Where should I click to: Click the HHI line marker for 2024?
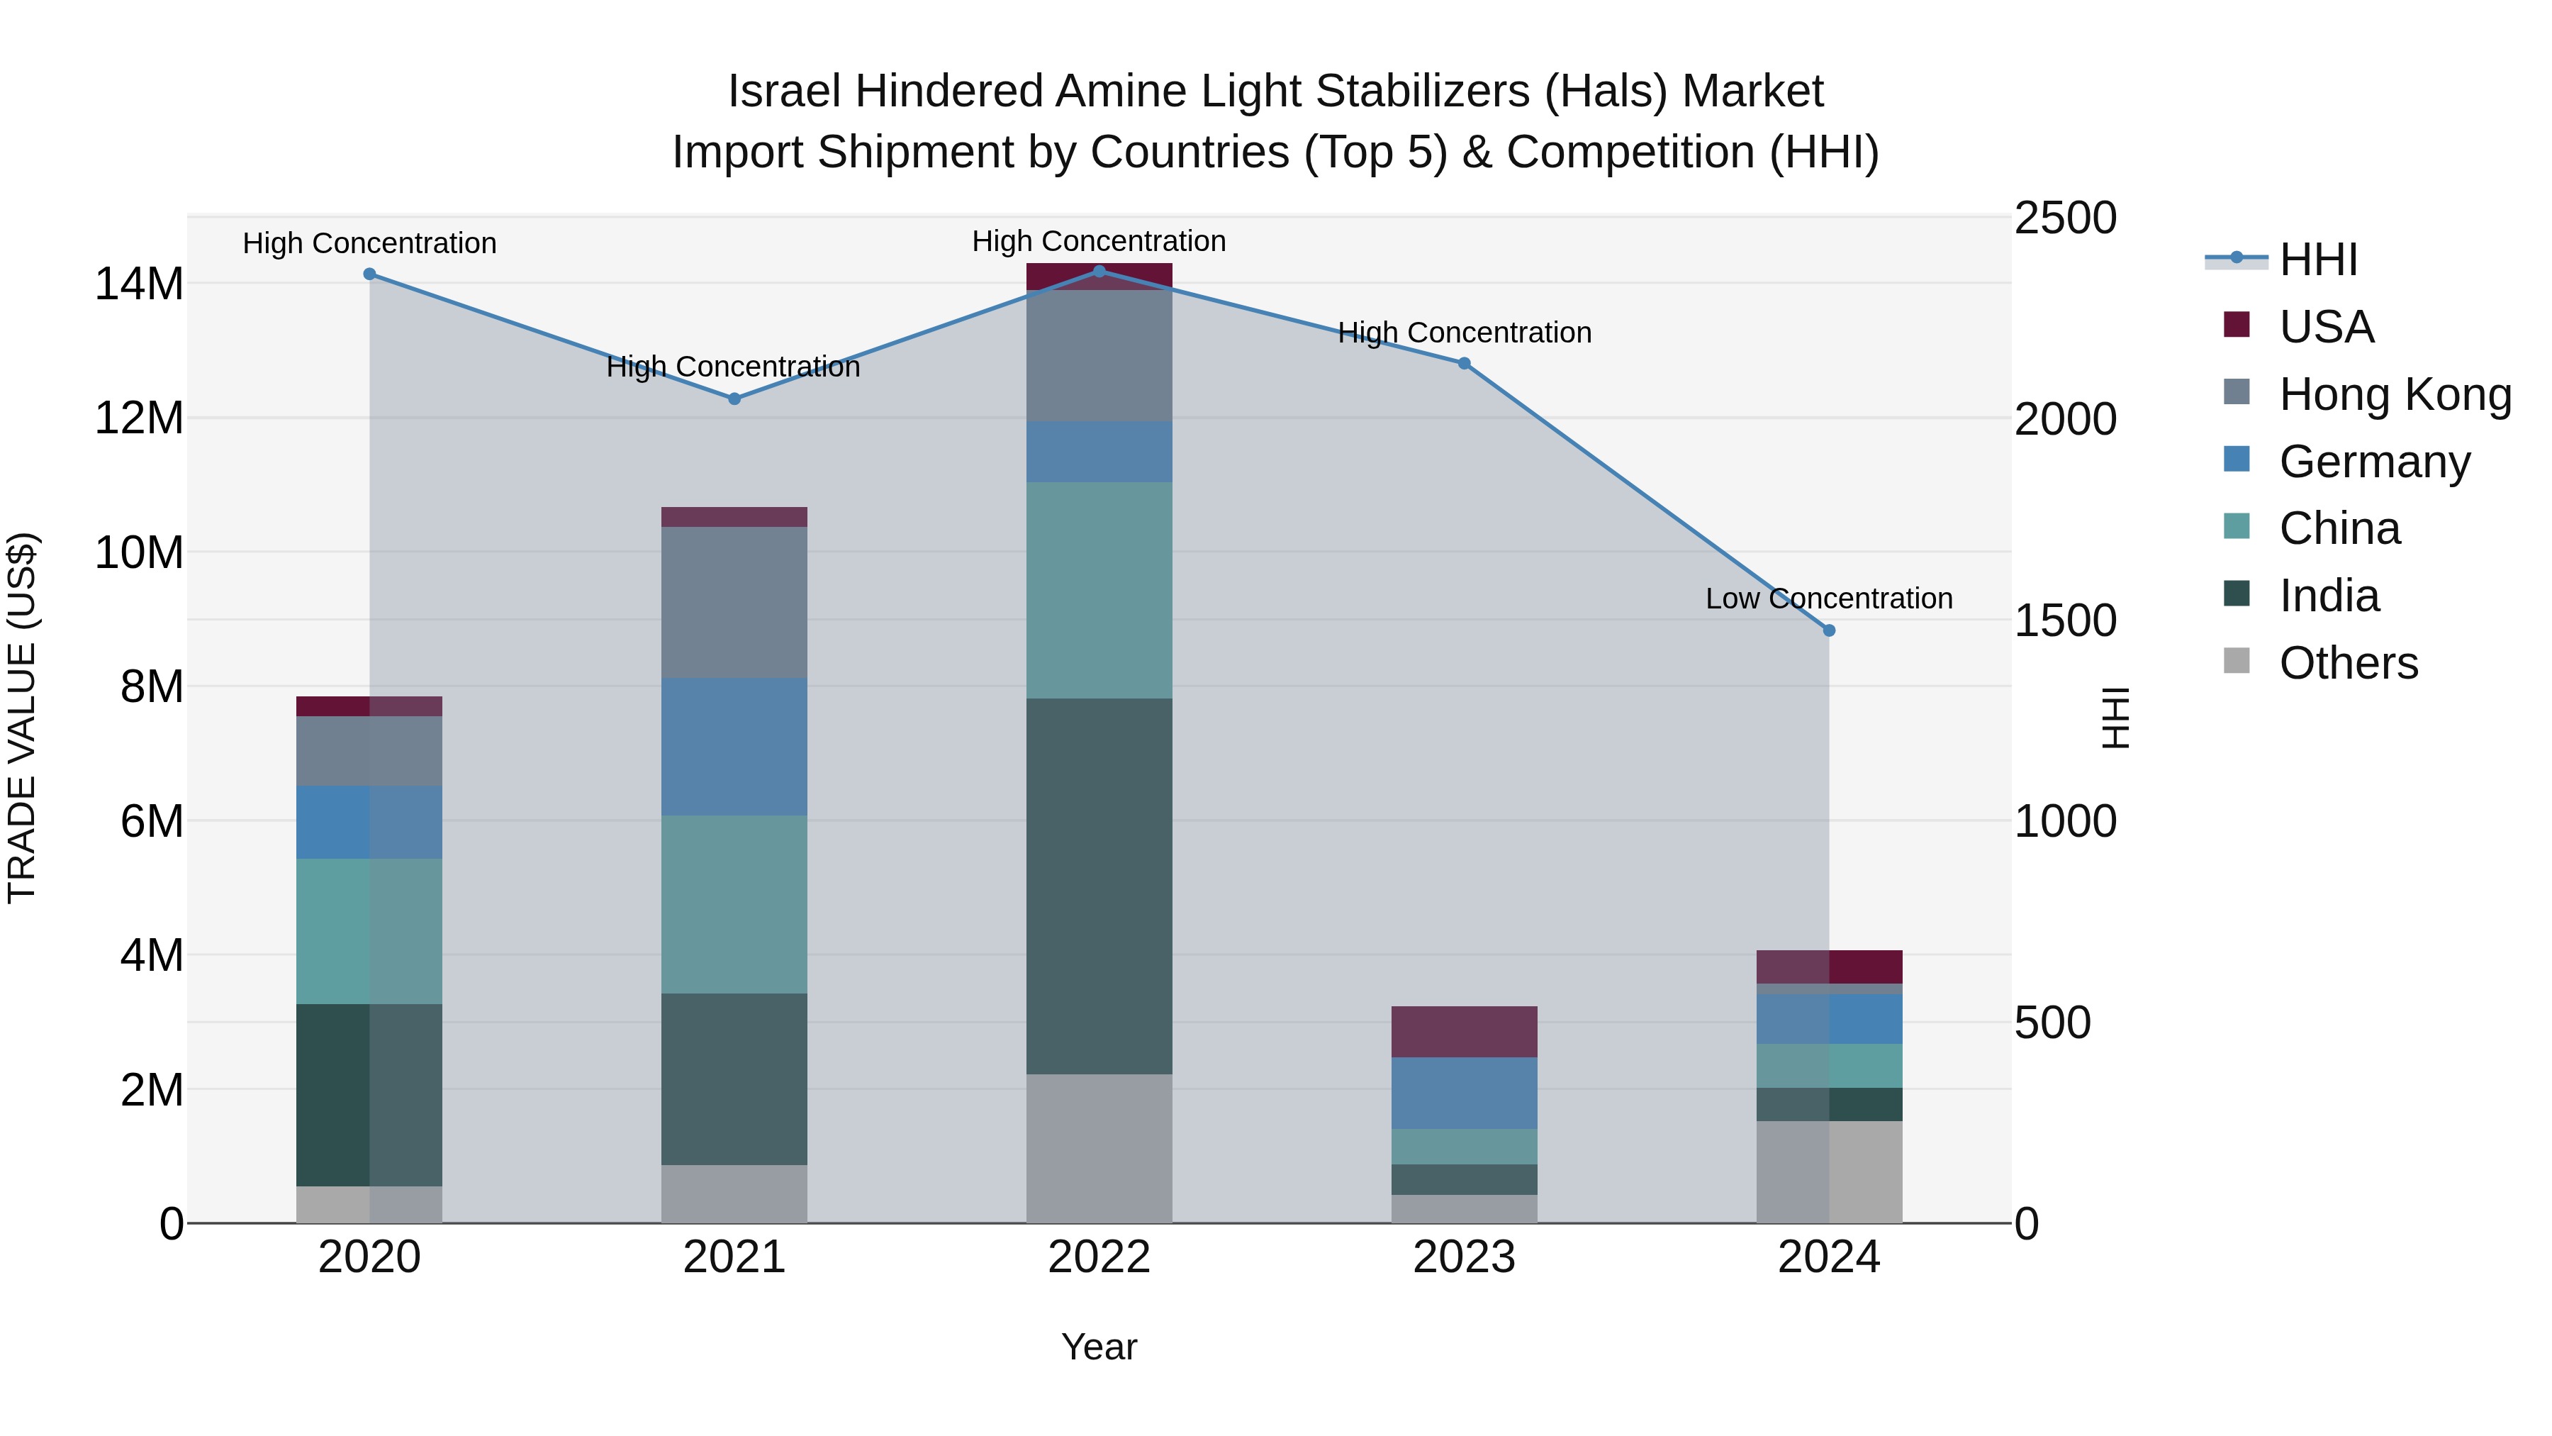(1829, 630)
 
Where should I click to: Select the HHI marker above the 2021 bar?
(734, 399)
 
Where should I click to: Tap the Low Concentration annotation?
(1829, 599)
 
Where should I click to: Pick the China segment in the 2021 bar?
(734, 904)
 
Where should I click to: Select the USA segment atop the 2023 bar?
(1465, 1032)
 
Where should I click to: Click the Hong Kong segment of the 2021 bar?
(734, 603)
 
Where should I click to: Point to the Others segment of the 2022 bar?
(1099, 1147)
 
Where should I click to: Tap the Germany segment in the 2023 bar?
(1465, 1092)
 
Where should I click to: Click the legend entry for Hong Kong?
(2395, 394)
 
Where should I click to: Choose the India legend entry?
(2328, 596)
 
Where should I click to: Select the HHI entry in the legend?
(2318, 260)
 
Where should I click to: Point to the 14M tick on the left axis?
(139, 284)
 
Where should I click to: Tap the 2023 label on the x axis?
(1465, 1257)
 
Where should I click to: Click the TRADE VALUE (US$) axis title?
(22, 718)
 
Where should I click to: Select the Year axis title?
(1099, 1347)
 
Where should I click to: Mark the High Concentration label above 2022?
(1099, 241)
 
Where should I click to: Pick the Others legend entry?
(2348, 663)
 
